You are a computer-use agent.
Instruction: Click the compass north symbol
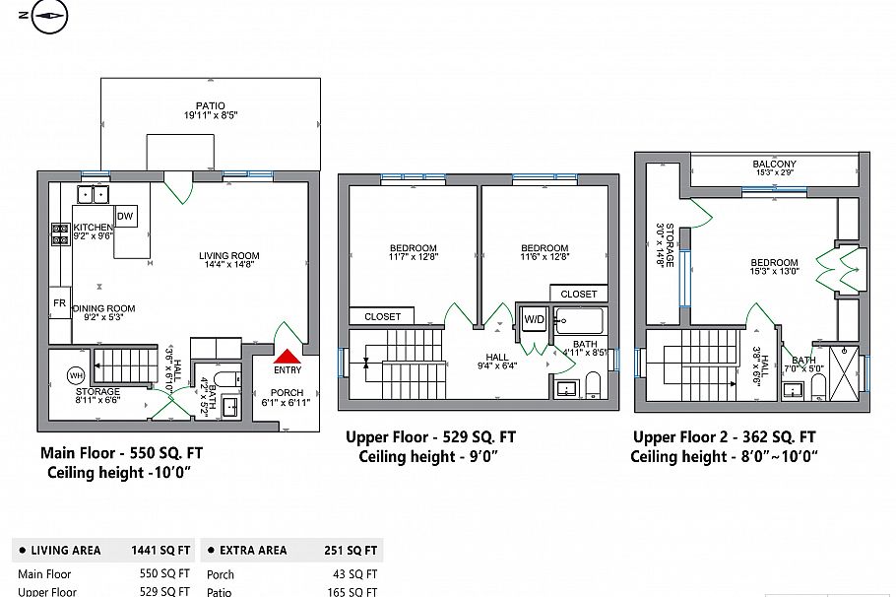point(48,16)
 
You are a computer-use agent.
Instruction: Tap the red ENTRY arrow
point(288,358)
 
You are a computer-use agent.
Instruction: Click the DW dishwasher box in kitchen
point(125,217)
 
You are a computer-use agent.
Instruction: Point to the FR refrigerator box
point(59,303)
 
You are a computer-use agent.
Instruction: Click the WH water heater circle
point(76,375)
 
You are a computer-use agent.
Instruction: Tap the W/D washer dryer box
point(534,319)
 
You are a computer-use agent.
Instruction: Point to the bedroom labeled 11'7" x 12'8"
point(414,252)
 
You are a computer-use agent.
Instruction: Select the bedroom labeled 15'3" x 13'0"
point(774,267)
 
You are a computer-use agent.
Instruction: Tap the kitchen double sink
point(95,194)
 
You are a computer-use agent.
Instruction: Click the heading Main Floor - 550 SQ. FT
point(121,454)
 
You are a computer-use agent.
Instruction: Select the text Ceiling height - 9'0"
point(428,456)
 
